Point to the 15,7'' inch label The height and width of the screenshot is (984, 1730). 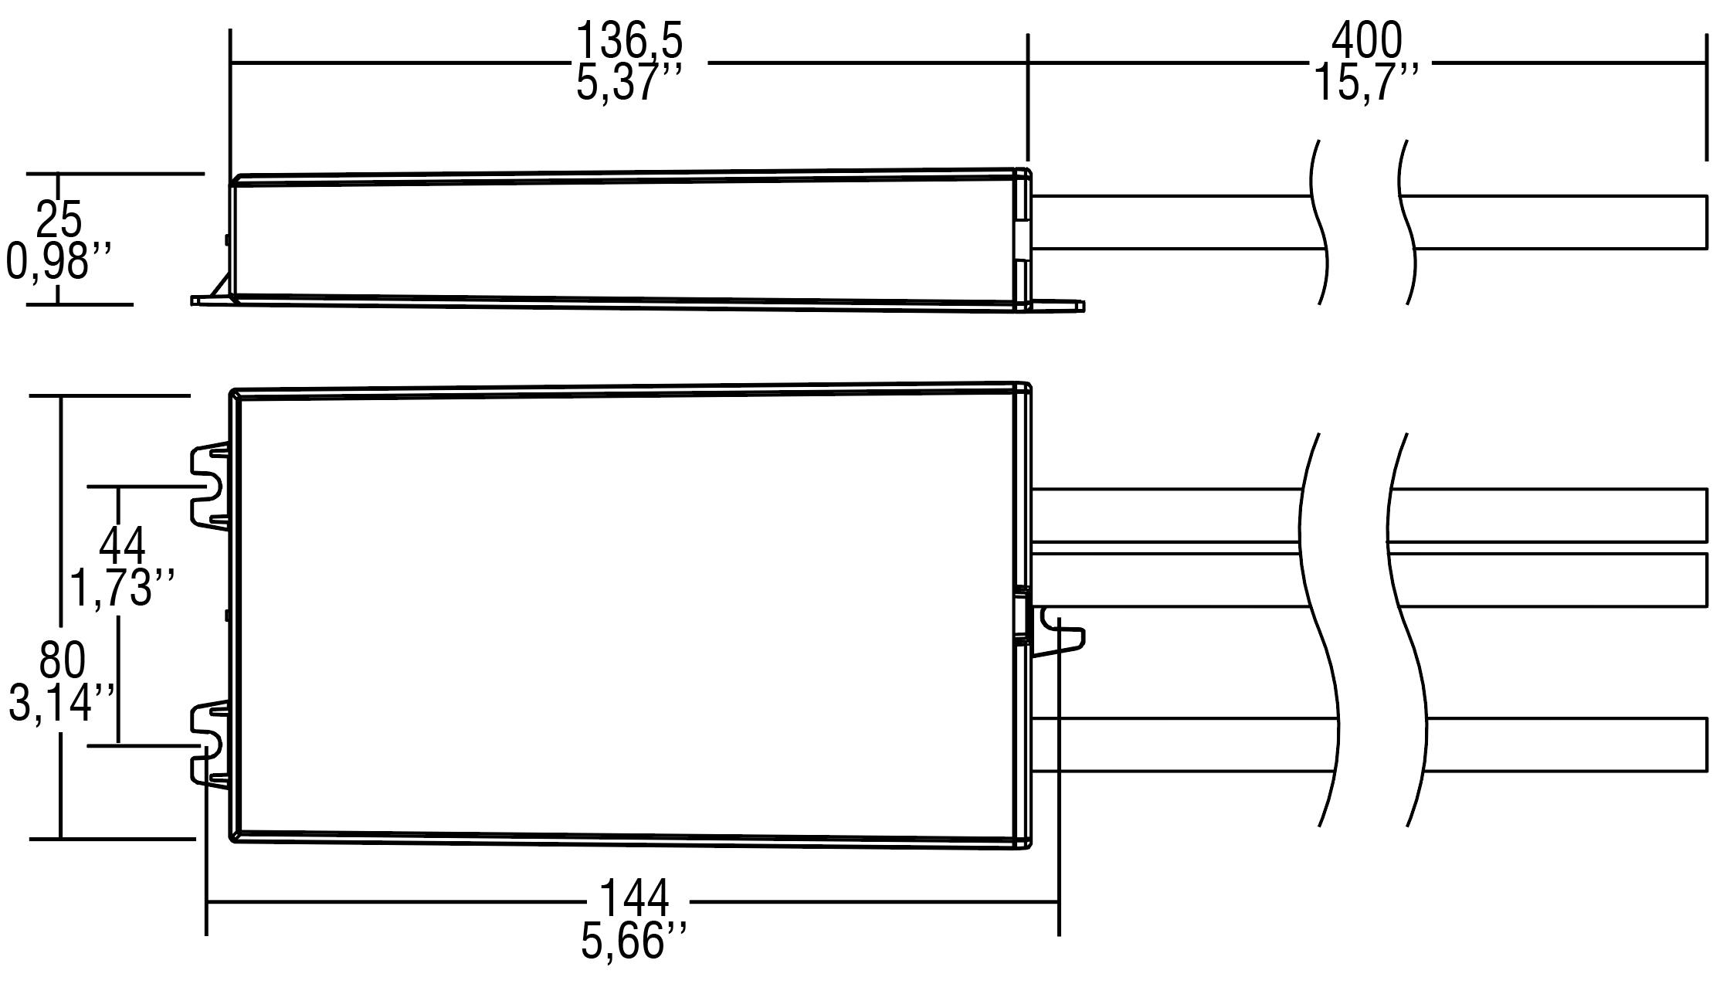coord(1366,83)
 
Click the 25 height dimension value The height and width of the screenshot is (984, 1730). coord(59,219)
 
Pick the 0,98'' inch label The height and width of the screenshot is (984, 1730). coord(59,261)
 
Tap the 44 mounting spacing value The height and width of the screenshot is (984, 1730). coord(122,546)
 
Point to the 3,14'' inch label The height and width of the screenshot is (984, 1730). coord(62,704)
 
